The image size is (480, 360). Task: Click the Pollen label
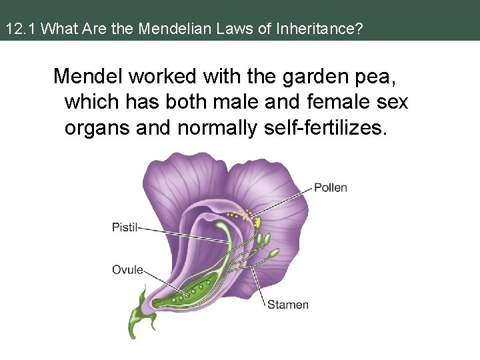click(331, 187)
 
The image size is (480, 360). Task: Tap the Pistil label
click(125, 227)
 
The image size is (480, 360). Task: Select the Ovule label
click(127, 269)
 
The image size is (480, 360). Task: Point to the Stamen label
click(288, 305)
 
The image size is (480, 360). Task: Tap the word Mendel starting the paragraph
click(88, 77)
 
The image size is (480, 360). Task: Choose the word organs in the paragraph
click(97, 127)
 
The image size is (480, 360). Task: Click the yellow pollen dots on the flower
click(244, 214)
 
